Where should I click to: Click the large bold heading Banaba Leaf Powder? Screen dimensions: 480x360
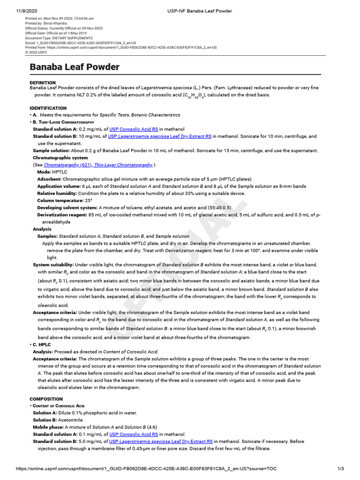[75, 67]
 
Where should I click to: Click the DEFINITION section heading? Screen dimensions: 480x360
[43, 83]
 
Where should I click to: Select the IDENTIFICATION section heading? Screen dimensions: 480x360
[48, 108]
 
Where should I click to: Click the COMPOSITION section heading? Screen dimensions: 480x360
[46, 399]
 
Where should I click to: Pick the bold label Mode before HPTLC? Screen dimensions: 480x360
[45, 172]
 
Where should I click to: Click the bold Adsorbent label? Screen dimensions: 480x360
[49, 179]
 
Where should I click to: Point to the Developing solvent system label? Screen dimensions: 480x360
[67, 207]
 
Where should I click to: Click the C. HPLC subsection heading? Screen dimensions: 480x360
[42, 345]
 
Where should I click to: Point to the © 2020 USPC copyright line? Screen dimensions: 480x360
[37, 52]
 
